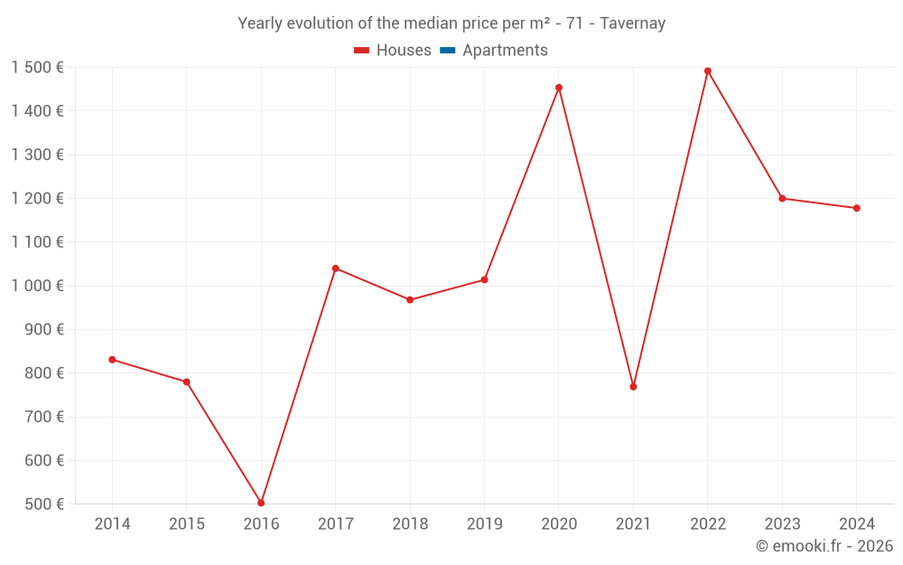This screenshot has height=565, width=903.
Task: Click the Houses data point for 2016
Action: click(261, 503)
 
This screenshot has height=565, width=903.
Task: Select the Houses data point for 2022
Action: click(708, 71)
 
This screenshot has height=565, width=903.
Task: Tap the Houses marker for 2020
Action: click(559, 88)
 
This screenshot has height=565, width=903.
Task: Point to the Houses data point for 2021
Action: click(633, 387)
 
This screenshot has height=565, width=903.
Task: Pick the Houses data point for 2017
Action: click(336, 268)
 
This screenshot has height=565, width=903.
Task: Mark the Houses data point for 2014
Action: click(112, 360)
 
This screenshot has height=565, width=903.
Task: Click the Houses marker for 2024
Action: click(856, 208)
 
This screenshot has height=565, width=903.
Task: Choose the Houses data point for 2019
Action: click(484, 279)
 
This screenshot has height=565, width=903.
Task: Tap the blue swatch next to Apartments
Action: click(447, 51)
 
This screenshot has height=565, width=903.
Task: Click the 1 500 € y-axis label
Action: click(37, 68)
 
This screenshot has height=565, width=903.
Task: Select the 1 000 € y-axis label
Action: click(37, 286)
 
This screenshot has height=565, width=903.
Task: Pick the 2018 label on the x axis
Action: click(410, 524)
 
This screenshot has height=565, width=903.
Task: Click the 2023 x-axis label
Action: click(782, 524)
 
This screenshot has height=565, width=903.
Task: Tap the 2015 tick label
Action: click(187, 524)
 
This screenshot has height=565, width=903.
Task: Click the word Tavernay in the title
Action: click(633, 24)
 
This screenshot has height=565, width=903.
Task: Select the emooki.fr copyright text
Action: click(824, 546)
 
